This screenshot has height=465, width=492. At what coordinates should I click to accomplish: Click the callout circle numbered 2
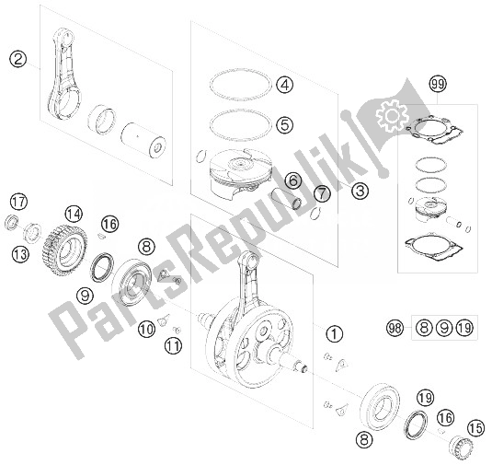click(17, 59)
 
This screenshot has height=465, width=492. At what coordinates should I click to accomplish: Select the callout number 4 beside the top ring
click(285, 85)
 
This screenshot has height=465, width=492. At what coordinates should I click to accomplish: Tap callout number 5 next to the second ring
click(284, 124)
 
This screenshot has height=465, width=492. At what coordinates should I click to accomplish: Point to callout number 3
click(360, 191)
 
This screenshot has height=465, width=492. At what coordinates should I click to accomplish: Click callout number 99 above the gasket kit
click(438, 84)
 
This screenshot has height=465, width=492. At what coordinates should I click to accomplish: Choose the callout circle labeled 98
click(395, 328)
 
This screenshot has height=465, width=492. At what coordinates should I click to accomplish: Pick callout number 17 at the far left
click(18, 202)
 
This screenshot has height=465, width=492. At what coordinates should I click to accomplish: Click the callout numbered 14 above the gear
click(74, 215)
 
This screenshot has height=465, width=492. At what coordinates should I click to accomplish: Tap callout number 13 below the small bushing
click(20, 254)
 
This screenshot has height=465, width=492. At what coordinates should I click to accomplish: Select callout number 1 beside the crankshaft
click(335, 333)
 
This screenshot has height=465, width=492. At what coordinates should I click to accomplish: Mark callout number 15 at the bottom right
click(475, 428)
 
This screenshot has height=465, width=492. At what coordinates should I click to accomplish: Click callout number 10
click(146, 329)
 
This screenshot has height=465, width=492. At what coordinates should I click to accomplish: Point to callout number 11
click(173, 346)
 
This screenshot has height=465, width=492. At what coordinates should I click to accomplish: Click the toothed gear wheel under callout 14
click(64, 250)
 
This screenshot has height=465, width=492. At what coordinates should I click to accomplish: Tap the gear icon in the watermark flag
click(392, 115)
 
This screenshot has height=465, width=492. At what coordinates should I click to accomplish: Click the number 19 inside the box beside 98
click(464, 328)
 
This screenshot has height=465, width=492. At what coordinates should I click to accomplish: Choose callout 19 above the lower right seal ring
click(425, 398)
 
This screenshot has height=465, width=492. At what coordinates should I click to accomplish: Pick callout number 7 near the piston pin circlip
click(322, 193)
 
